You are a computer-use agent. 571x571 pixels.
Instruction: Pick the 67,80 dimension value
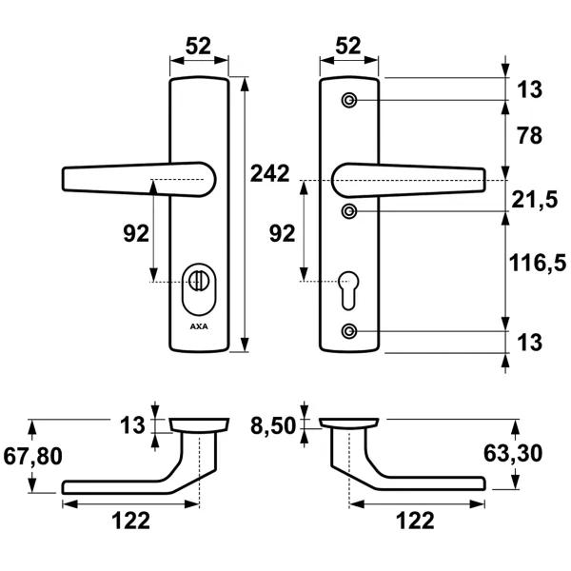pyautogui.click(x=32, y=457)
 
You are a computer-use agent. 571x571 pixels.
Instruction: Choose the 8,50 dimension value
pyautogui.click(x=274, y=424)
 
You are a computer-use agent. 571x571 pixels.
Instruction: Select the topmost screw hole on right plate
pyautogui.click(x=350, y=101)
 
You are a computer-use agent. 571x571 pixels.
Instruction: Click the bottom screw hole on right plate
pyautogui.click(x=350, y=331)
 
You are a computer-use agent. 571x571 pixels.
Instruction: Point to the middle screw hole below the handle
pyautogui.click(x=350, y=209)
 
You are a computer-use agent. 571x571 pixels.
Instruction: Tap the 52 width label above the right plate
pyautogui.click(x=348, y=45)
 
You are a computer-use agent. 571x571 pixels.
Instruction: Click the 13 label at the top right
pyautogui.click(x=529, y=90)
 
